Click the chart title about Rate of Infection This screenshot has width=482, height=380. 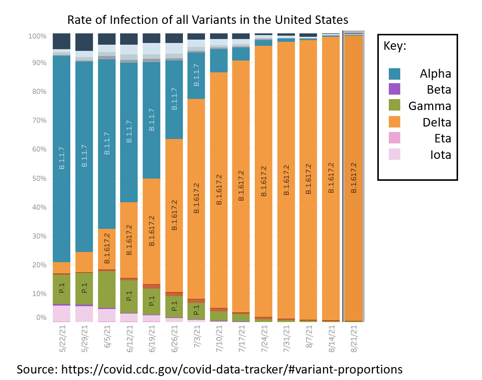tap(208, 20)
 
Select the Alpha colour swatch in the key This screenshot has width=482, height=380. tap(394, 74)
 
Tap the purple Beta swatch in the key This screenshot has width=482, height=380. tap(394, 90)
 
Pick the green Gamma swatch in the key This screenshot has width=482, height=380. tap(394, 106)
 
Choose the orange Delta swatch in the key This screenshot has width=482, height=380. tap(394, 122)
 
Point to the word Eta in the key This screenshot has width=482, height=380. tap(441, 138)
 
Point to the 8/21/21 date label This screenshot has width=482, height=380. tap(354, 339)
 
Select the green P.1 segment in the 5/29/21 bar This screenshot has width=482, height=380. tap(84, 288)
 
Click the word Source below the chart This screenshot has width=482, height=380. tap(36, 369)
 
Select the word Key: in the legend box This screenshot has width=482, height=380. tap(395, 46)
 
